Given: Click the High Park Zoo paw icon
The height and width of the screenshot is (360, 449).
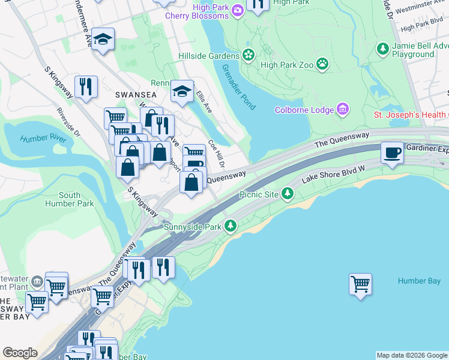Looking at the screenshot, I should click(x=322, y=62).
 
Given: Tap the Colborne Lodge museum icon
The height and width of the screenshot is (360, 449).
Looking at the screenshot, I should click(x=342, y=109).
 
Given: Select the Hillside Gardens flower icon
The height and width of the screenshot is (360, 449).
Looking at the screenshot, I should click(x=248, y=55).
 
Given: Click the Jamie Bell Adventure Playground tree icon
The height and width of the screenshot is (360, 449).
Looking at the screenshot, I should click(x=382, y=47).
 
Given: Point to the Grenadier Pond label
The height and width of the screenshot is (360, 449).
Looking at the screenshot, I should click(x=238, y=88).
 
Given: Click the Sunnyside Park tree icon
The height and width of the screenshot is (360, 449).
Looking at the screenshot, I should click(x=230, y=226).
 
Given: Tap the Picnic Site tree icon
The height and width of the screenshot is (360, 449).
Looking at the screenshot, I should click(x=288, y=193).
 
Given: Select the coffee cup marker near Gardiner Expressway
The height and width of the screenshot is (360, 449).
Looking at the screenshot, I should click(x=392, y=152).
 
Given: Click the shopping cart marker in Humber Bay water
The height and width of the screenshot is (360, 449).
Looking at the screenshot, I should click(x=360, y=284).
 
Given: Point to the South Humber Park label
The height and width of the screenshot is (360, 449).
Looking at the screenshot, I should click(x=70, y=199).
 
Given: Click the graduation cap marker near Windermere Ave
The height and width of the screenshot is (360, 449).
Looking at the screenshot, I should click(x=103, y=40).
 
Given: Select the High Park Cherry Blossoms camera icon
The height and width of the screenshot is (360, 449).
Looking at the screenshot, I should click(x=238, y=9).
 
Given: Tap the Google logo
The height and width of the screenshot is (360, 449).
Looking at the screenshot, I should click(x=20, y=353).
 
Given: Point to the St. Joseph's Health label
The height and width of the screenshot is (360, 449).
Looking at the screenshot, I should click(x=411, y=115).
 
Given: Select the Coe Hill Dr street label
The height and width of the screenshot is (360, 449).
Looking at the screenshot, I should click(x=216, y=154).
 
